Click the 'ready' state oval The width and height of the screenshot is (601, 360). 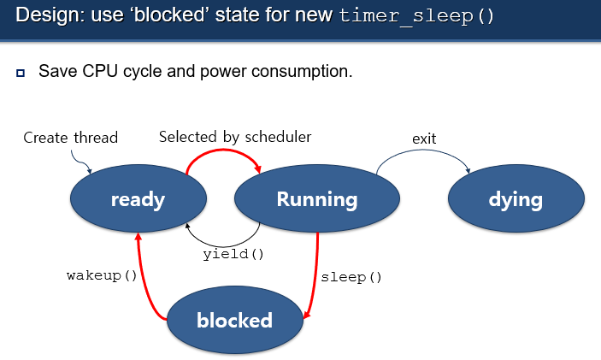click(138, 198)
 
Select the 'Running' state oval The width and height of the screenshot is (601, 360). click(317, 198)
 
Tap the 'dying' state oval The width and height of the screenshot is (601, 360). click(516, 198)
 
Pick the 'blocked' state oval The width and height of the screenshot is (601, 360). click(235, 320)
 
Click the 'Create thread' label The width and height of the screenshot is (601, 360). click(70, 138)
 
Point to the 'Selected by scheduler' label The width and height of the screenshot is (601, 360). click(235, 137)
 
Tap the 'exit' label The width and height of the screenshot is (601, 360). click(424, 139)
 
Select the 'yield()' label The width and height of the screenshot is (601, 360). click(233, 254)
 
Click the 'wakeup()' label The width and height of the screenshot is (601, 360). click(102, 275)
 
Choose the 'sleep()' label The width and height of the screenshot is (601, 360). click(351, 277)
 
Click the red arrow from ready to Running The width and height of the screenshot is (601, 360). click(223, 150)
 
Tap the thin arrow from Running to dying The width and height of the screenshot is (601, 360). click(423, 150)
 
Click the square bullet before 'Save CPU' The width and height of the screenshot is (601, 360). click(21, 73)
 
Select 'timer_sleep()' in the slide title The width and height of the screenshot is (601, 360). click(416, 16)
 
